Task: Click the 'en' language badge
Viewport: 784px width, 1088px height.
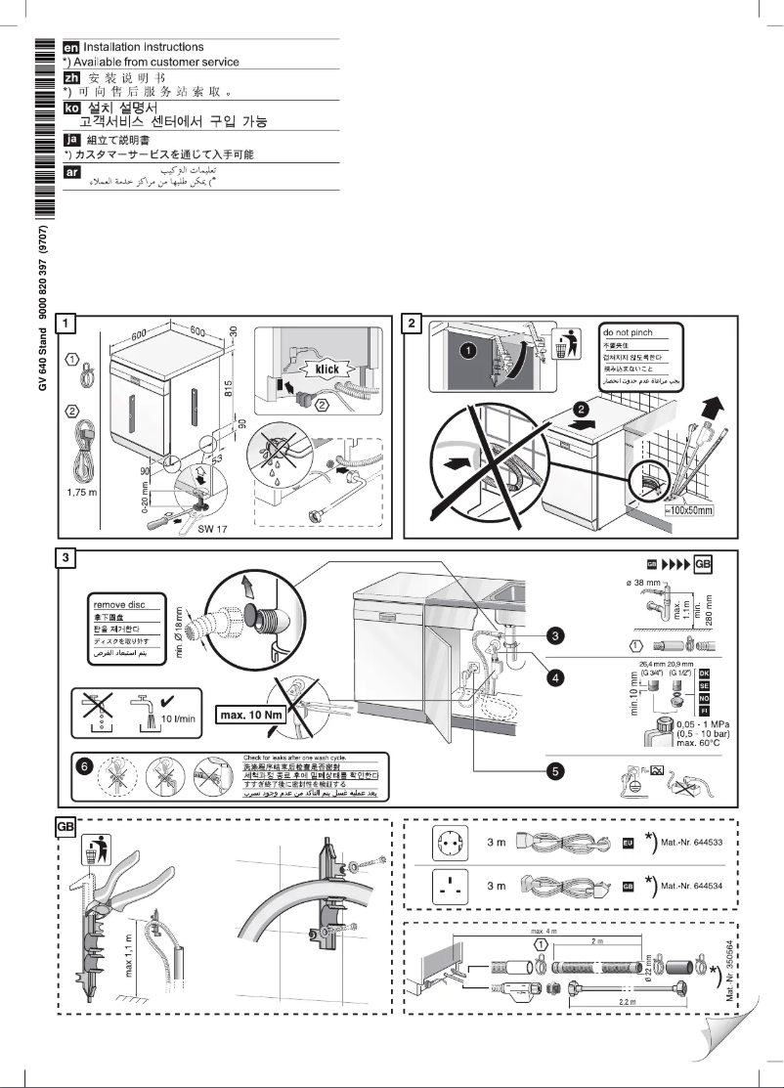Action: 71,47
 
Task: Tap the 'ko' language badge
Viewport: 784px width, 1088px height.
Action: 71,109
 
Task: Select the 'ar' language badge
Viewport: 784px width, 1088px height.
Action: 71,172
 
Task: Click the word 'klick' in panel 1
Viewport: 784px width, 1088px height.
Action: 335,370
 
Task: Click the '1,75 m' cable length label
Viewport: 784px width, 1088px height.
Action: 85,492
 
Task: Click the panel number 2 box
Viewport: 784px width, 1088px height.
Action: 414,323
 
